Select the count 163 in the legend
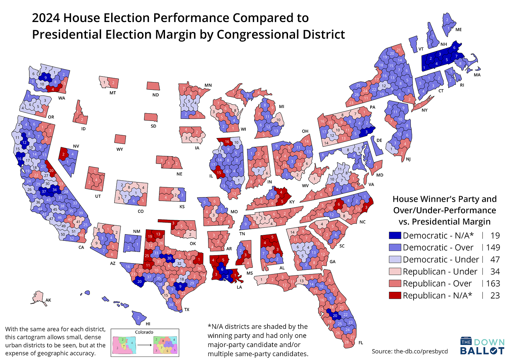pos(493,283)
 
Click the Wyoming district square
pos(120,139)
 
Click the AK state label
pos(48,300)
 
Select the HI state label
pos(148,324)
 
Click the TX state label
pos(187,310)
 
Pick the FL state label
pos(361,343)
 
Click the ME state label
pos(458,30)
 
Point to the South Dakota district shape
pos(150,117)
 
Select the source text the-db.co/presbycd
pos(421,351)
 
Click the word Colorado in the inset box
pos(144,332)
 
